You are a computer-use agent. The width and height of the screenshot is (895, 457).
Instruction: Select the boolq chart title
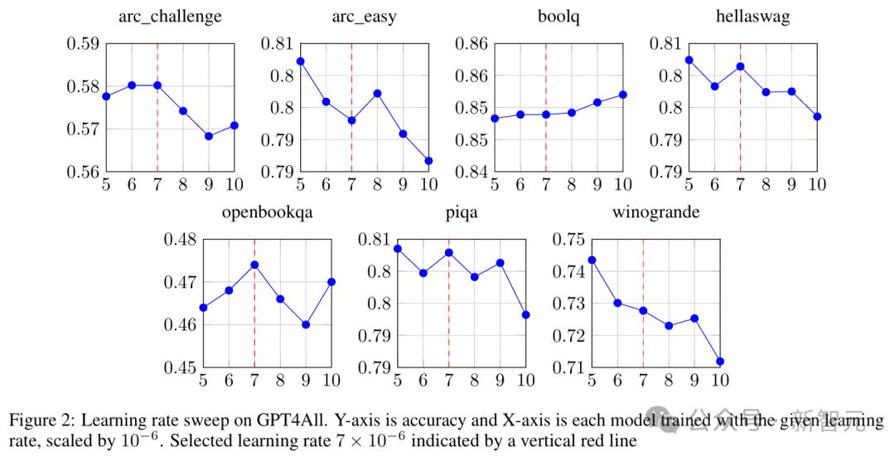point(546,17)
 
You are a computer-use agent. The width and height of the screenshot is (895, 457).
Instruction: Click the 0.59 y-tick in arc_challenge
point(82,43)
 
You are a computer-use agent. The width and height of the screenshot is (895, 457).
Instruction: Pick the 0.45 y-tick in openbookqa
point(180,367)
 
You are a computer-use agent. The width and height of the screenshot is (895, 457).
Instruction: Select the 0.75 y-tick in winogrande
point(568,240)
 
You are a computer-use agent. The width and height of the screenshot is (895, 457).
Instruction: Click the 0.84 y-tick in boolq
point(471,172)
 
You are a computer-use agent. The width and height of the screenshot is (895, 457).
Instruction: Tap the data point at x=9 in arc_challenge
point(209,136)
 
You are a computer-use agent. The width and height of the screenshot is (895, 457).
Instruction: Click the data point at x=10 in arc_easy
point(428,161)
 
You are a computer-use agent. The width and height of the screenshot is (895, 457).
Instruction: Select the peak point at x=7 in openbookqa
point(254,265)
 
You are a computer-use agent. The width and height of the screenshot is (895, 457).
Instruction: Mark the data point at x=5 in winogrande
point(592,260)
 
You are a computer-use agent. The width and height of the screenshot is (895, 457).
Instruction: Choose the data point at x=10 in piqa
point(525,315)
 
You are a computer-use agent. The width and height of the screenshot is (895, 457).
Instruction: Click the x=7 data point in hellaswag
point(741,66)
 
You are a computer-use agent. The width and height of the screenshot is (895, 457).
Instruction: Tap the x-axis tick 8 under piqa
point(474,381)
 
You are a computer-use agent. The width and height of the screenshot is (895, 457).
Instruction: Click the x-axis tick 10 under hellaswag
point(817,185)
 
